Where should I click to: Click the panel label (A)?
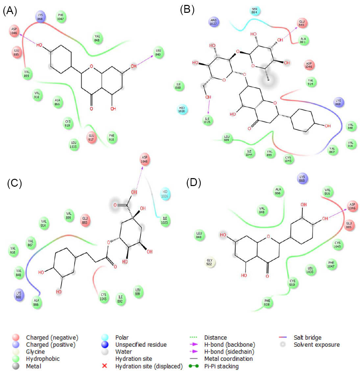(x=10, y=11)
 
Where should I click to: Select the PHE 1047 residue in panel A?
(x=60, y=17)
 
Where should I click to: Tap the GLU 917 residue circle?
(x=91, y=137)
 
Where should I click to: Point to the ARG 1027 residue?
(x=214, y=22)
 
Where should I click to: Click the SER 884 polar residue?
(x=254, y=11)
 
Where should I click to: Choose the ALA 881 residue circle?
(x=303, y=40)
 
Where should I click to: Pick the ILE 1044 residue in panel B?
(x=249, y=153)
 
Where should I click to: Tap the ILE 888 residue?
(x=179, y=86)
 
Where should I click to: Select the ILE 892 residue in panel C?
(x=120, y=299)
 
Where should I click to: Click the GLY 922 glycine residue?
(x=209, y=262)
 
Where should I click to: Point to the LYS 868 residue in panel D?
(x=302, y=178)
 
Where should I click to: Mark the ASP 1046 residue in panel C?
(x=144, y=159)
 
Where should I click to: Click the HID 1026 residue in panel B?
(x=182, y=109)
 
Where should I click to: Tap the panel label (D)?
(x=193, y=183)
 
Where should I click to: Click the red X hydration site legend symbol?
(x=105, y=366)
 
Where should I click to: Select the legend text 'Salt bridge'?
(x=307, y=338)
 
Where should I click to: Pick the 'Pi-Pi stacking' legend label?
(x=221, y=366)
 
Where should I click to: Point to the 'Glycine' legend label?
(x=35, y=352)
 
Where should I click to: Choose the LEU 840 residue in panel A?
(x=158, y=53)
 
